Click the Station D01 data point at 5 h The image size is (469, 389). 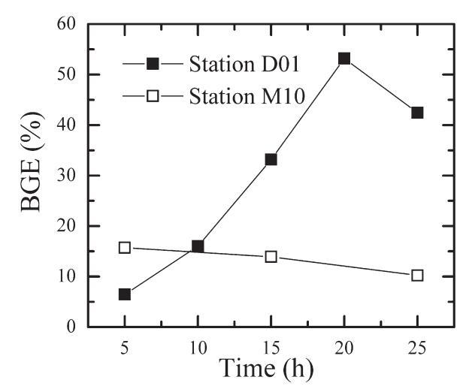click(x=125, y=294)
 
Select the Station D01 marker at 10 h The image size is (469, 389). click(x=198, y=246)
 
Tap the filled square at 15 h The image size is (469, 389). click(x=271, y=159)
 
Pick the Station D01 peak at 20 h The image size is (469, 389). click(x=344, y=59)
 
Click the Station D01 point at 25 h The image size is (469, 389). click(x=417, y=113)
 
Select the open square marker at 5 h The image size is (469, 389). click(x=125, y=247)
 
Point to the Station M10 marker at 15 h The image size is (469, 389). click(x=271, y=257)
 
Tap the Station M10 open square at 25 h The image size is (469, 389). click(x=417, y=276)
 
